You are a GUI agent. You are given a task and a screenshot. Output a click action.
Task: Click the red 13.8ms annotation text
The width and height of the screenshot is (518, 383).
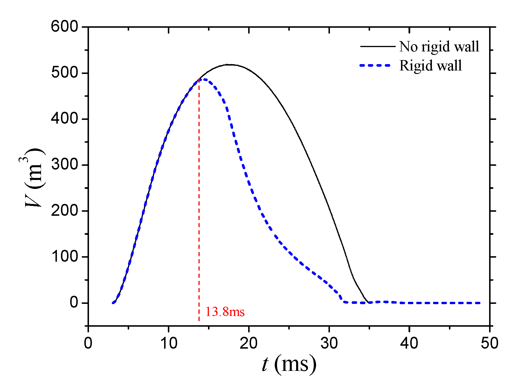(x=225, y=312)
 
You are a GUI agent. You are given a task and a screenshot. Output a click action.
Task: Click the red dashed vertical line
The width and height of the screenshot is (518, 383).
(x=199, y=202)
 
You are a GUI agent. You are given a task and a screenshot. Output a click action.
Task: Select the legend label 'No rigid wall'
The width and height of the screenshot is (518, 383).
(x=439, y=47)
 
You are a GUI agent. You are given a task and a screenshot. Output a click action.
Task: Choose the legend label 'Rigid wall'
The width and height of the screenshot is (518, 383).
(x=430, y=66)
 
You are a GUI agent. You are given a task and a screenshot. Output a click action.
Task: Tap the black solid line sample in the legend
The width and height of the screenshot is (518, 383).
(x=378, y=46)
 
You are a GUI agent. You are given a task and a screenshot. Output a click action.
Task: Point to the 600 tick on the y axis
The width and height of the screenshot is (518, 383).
(x=65, y=27)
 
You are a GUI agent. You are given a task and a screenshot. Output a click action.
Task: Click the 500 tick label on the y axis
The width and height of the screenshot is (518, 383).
(x=65, y=73)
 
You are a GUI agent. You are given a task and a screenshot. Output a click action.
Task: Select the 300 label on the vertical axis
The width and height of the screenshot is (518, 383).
(x=65, y=165)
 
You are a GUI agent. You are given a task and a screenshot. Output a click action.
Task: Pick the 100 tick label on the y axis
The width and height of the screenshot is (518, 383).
(x=65, y=256)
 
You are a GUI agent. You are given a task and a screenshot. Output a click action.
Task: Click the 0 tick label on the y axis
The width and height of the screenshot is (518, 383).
(x=74, y=302)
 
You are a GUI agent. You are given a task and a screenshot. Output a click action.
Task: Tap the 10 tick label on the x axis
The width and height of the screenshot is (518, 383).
(x=168, y=343)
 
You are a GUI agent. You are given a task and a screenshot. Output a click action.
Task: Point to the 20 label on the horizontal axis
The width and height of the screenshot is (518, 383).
(x=249, y=343)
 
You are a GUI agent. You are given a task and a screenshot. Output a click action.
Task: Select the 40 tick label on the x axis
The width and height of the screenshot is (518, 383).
(x=409, y=343)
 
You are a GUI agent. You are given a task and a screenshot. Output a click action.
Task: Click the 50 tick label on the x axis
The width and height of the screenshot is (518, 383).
(x=489, y=343)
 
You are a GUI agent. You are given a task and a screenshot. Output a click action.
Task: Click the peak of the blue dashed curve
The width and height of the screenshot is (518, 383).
(x=204, y=79)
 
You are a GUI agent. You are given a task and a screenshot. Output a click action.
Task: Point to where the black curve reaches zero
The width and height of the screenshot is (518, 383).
(x=369, y=302)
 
